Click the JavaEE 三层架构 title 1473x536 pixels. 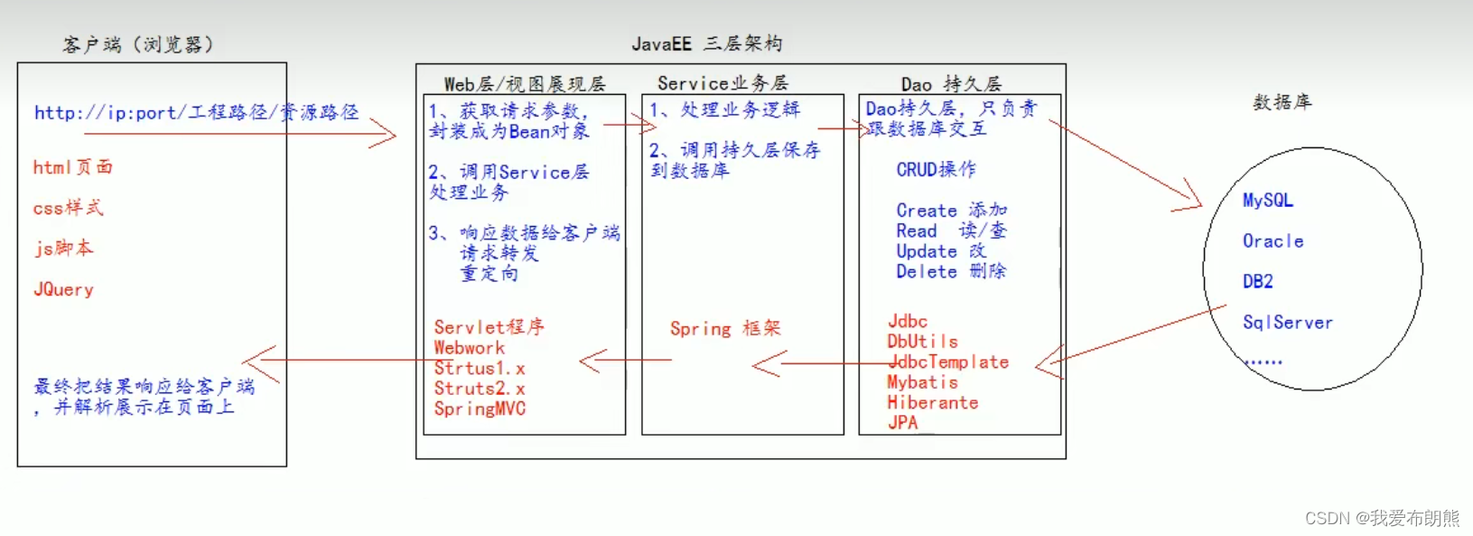tap(706, 43)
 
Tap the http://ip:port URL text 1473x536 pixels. tap(196, 112)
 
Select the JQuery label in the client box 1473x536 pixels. tap(63, 289)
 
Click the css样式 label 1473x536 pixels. tap(68, 208)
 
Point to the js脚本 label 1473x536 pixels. tap(63, 248)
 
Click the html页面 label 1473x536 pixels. tap(72, 167)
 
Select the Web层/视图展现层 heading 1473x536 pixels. tap(524, 84)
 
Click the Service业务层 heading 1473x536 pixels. tap(723, 83)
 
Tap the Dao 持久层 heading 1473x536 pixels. tap(951, 84)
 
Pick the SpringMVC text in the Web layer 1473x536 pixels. tap(480, 409)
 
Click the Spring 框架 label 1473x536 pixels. tap(725, 328)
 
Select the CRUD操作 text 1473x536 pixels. tap(936, 169)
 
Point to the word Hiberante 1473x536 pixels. tap(932, 402)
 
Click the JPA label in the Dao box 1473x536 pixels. tap(902, 422)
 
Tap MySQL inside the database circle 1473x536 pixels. tap(1267, 200)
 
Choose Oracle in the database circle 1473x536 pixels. tap(1273, 240)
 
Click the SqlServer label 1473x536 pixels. tap(1287, 322)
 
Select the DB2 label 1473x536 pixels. tap(1257, 281)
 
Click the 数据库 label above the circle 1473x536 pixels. tap(1282, 102)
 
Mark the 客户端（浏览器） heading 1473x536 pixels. tap(137, 44)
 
